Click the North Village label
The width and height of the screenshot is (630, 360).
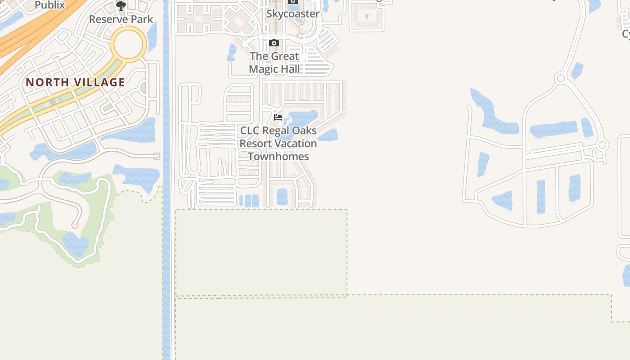tap(75, 82)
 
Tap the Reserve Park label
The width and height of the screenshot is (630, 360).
tap(121, 19)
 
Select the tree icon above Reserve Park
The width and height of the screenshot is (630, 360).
tap(121, 5)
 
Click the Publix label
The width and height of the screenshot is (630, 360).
tap(49, 5)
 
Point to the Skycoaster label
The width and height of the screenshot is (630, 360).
tap(292, 13)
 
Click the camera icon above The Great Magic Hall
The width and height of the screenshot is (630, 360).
tap(274, 43)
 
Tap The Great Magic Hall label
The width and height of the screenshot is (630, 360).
tap(274, 63)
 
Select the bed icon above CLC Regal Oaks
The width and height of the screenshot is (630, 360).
tap(278, 117)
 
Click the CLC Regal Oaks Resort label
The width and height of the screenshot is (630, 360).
tap(278, 137)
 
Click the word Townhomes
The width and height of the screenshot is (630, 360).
tap(278, 157)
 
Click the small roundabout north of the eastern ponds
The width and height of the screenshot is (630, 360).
tap(560, 78)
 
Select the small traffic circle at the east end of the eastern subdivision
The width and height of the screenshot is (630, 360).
tap(603, 145)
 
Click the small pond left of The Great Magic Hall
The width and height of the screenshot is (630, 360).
tap(232, 52)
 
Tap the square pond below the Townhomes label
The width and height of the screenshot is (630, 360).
tap(282, 196)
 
